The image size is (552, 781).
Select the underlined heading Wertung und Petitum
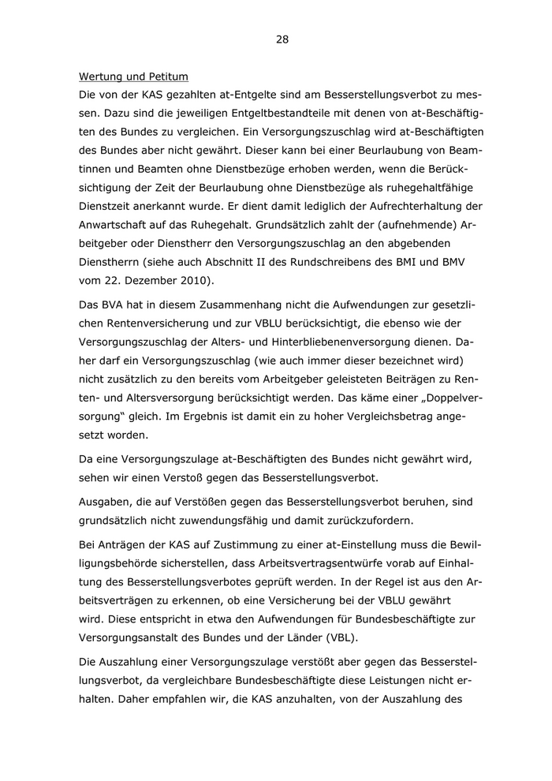[x=133, y=77]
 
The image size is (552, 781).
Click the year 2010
[x=202, y=281]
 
